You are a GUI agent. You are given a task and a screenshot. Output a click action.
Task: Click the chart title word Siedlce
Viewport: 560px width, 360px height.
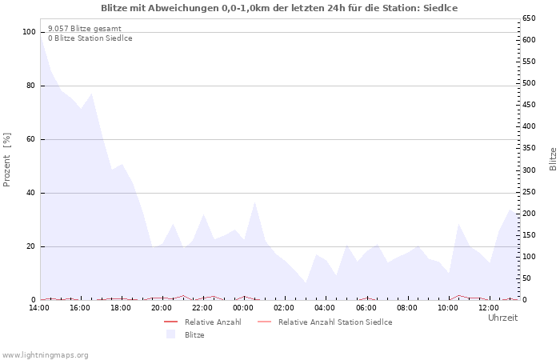tap(440, 8)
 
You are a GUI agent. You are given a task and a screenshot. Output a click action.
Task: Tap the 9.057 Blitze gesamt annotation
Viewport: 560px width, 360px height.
tap(85, 29)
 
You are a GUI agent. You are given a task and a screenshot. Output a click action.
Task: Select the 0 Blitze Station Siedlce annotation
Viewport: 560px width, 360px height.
tap(90, 38)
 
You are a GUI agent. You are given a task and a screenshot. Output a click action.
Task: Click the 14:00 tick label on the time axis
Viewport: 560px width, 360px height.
tap(39, 308)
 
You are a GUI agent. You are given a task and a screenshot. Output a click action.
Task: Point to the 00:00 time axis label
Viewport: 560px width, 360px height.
tap(243, 308)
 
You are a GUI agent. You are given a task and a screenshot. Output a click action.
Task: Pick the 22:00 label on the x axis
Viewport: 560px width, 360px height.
tap(202, 308)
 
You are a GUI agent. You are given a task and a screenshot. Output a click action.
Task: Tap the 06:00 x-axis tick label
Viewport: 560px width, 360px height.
tap(366, 308)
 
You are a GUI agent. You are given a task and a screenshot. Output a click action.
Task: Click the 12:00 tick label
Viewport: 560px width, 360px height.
tap(489, 308)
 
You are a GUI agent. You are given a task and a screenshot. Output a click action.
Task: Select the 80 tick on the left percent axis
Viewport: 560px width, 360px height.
tap(31, 86)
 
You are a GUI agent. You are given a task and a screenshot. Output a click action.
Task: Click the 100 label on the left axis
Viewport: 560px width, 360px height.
tap(29, 32)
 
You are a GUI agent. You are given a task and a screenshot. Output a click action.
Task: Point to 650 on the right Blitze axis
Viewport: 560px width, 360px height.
tap(529, 18)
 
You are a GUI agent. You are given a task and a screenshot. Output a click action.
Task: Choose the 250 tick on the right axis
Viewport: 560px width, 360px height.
tap(529, 192)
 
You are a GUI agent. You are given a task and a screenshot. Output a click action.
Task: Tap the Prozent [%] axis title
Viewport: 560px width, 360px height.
tap(6, 160)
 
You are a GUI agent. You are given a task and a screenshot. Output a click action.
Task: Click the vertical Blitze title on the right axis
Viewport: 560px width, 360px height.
tap(553, 159)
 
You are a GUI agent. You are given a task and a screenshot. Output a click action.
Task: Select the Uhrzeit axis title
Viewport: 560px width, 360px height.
tap(502, 318)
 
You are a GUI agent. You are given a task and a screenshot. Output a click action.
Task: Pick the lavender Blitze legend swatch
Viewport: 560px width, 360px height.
tap(170, 334)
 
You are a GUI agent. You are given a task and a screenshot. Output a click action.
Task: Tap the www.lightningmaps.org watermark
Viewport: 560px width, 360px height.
tap(45, 355)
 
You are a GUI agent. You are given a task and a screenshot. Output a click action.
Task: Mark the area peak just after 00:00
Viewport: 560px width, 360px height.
tap(254, 202)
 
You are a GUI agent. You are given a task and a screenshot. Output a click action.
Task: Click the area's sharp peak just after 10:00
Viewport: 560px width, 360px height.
tap(458, 224)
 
